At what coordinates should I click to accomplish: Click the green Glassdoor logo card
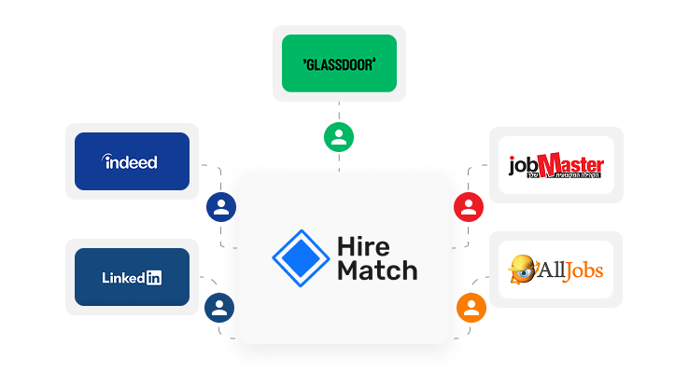(x=339, y=63)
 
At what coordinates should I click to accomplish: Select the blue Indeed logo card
(x=132, y=161)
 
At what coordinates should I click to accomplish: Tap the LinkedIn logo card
(x=132, y=277)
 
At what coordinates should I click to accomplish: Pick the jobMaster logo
(x=555, y=165)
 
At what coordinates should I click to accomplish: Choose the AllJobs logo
(x=555, y=270)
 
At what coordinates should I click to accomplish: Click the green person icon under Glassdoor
(x=339, y=137)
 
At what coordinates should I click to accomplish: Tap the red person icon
(x=467, y=206)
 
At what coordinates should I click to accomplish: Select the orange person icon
(x=471, y=306)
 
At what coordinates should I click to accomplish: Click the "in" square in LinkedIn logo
(x=153, y=277)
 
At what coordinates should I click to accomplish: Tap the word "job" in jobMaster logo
(x=523, y=168)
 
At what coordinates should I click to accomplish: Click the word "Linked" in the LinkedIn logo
(x=122, y=277)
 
